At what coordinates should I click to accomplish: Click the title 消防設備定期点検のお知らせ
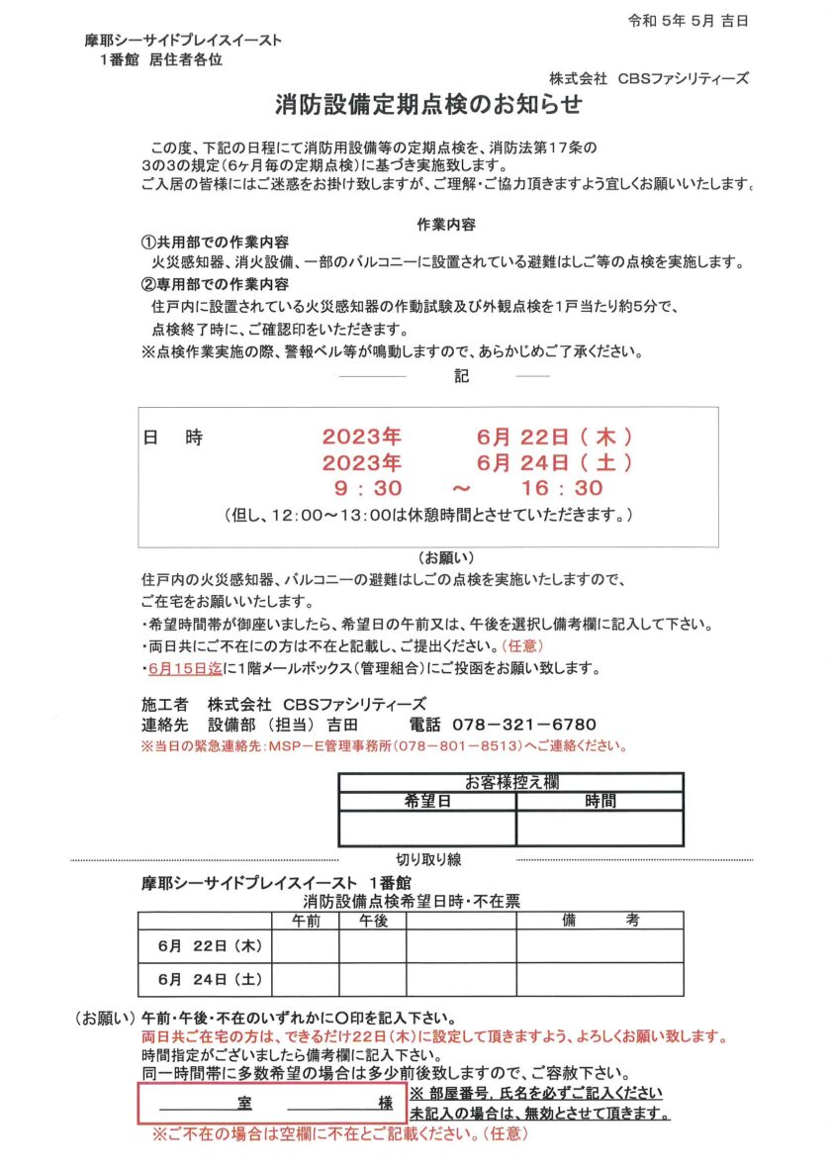[x=427, y=104]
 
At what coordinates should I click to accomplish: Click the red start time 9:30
[x=367, y=488]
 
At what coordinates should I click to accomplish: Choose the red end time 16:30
[x=562, y=488]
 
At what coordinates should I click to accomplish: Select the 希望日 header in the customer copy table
[x=427, y=800]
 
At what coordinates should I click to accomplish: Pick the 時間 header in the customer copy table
[x=600, y=800]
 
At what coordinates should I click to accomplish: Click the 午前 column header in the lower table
[x=306, y=920]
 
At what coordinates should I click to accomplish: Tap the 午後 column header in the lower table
[x=373, y=920]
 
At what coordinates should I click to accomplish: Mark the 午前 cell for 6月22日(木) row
[x=306, y=946]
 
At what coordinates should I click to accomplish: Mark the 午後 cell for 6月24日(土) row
[x=373, y=980]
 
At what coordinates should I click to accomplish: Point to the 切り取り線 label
[x=428, y=859]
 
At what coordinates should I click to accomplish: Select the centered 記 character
[x=461, y=377]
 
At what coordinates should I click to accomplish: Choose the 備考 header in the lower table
[x=600, y=920]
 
